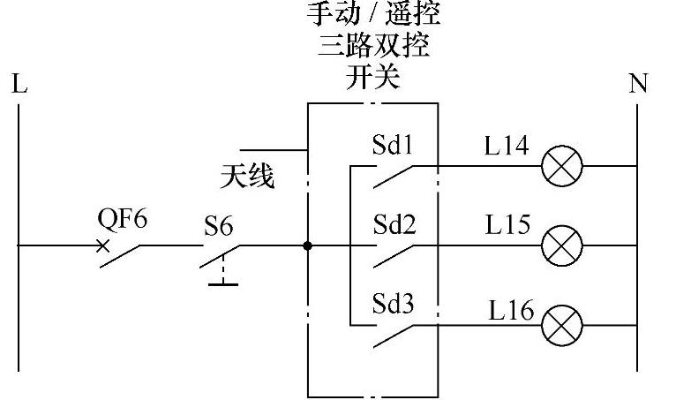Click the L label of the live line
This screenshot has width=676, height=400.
coord(19,85)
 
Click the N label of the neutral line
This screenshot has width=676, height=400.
coord(638,85)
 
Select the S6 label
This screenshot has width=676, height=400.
coord(219,227)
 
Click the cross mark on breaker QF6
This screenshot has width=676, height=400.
coord(104,245)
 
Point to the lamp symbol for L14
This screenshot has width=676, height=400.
coord(560,165)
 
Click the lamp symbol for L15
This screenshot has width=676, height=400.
coord(560,245)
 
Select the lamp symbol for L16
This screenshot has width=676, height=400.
coord(560,325)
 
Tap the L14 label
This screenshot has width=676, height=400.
coord(507,146)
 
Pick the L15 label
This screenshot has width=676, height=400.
coord(507,225)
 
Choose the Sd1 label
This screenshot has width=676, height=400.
coord(394,144)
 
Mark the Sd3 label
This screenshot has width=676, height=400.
coord(394,305)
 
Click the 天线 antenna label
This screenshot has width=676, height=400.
coord(247,177)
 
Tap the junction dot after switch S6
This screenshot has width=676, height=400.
coord(307,245)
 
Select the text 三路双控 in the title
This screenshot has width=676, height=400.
coord(372,46)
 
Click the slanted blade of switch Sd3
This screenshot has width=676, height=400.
coord(394,336)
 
